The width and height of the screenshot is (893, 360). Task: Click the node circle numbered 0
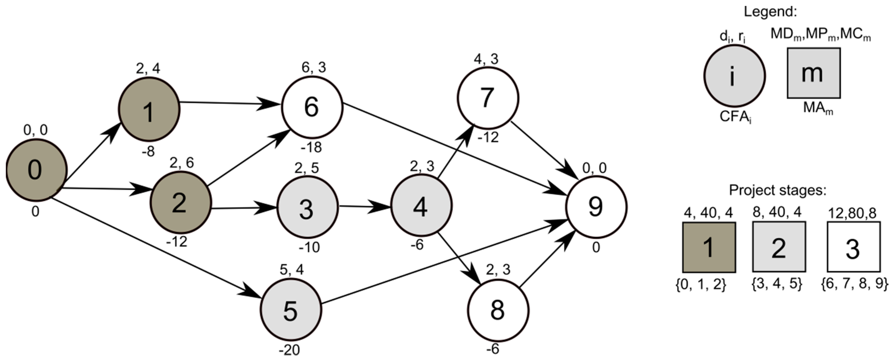pos(36,170)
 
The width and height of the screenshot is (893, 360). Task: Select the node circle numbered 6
pos(312,107)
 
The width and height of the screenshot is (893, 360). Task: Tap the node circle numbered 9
pos(596,207)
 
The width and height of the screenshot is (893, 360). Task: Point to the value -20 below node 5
pos(290,350)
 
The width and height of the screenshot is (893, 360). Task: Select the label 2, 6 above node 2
pos(182,163)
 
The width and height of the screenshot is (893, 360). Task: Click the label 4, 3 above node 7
pos(486,59)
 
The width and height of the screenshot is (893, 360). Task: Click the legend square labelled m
pos(813,73)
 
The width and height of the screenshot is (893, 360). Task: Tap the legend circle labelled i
pos(734,76)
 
